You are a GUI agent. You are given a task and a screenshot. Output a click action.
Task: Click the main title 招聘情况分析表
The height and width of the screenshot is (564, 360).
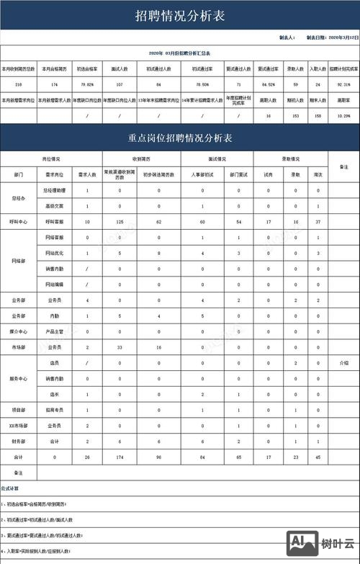[x=180, y=15]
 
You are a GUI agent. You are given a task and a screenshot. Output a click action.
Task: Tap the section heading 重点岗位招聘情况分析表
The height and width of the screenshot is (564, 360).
[x=180, y=137]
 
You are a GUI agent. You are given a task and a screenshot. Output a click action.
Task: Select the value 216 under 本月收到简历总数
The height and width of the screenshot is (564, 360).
[x=18, y=85]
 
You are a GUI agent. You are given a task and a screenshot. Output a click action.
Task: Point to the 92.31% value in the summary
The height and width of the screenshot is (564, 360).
[x=343, y=85]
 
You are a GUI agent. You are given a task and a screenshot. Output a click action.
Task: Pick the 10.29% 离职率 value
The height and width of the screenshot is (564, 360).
[x=343, y=115]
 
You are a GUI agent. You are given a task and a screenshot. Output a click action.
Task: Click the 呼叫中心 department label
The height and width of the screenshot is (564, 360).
[x=19, y=222]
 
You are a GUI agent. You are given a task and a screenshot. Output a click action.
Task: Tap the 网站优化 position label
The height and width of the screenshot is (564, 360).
[x=55, y=254]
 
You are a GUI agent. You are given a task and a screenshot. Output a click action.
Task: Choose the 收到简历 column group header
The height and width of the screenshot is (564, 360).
[x=142, y=159]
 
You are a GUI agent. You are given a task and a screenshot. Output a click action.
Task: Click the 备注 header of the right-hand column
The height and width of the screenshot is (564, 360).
[x=343, y=166]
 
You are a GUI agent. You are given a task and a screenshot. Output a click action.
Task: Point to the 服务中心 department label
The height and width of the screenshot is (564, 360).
[x=19, y=379]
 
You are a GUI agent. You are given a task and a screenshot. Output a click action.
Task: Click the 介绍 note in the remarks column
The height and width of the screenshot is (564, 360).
[x=343, y=363]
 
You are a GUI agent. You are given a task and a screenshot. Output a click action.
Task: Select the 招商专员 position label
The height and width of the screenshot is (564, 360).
[x=55, y=410]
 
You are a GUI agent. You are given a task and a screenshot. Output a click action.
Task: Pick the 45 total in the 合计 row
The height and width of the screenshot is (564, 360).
[x=317, y=457]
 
